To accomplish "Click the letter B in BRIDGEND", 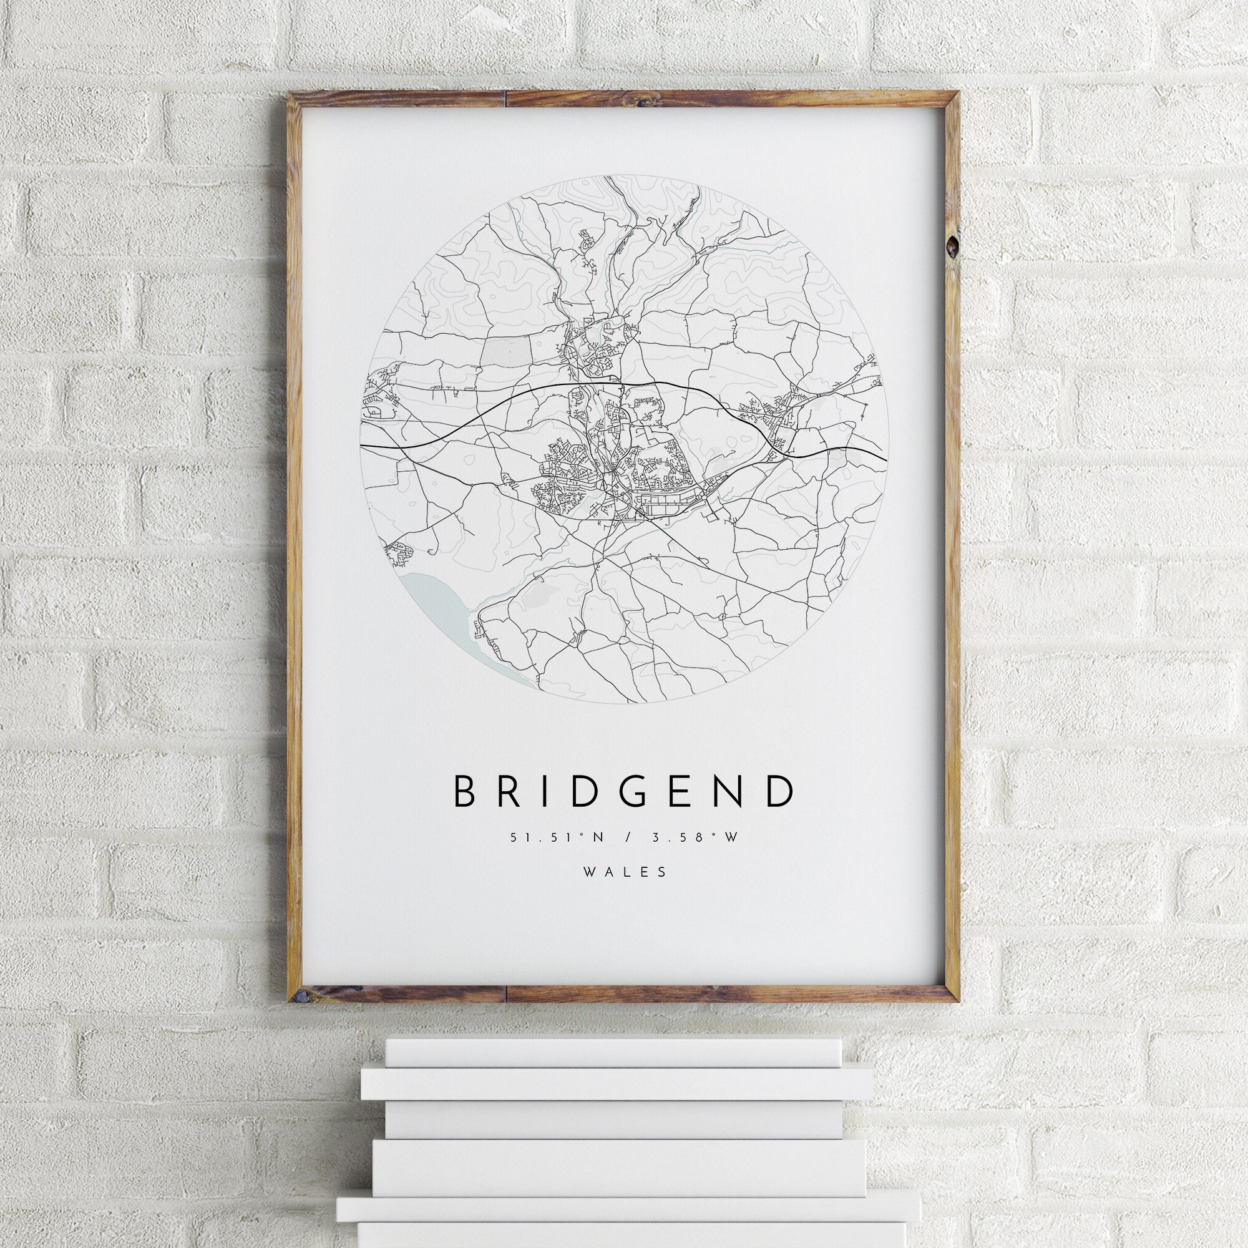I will tap(465, 791).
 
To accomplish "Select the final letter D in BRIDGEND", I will tap(782, 791).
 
